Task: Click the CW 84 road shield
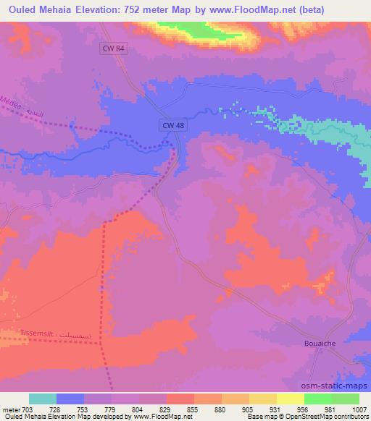[109, 48]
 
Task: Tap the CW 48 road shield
[170, 125]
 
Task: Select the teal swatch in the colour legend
[43, 399]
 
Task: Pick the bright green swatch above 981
[318, 399]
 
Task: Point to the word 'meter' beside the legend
[10, 409]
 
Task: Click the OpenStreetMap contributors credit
[329, 417]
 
